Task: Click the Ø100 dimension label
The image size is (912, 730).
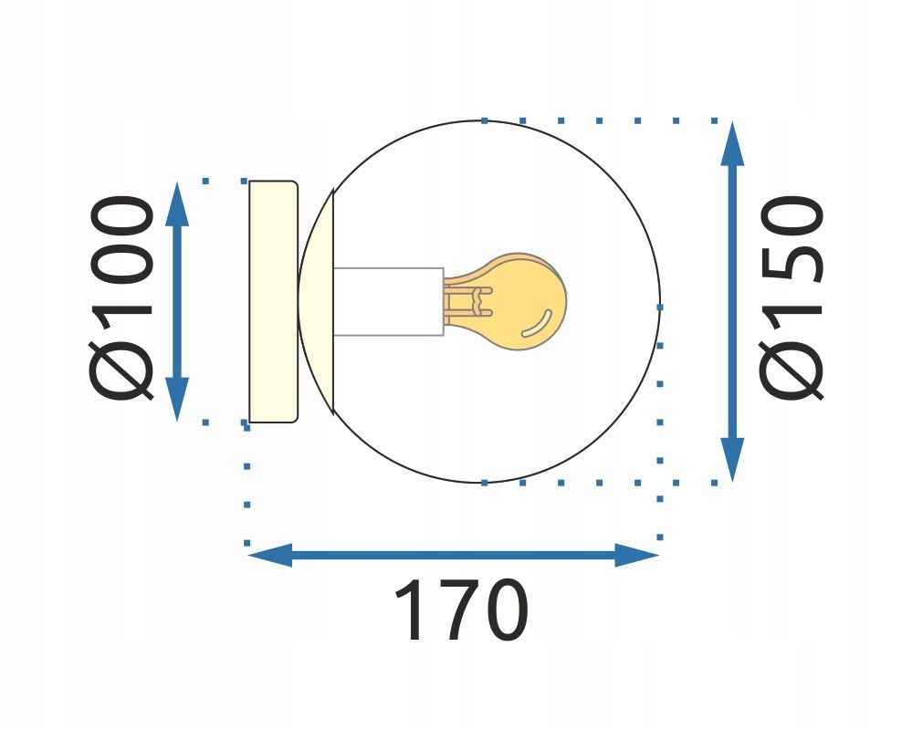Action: [122, 297]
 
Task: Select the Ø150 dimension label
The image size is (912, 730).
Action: [791, 297]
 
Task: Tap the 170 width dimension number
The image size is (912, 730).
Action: [461, 610]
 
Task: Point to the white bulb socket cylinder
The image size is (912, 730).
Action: [389, 302]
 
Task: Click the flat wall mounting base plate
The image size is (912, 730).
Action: [273, 301]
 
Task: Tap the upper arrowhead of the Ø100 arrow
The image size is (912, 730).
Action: [177, 203]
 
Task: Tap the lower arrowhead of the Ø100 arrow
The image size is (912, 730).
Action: [177, 399]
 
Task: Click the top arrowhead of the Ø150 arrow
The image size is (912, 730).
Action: [732, 144]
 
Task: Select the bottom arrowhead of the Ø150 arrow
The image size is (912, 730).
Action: [732, 460]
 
